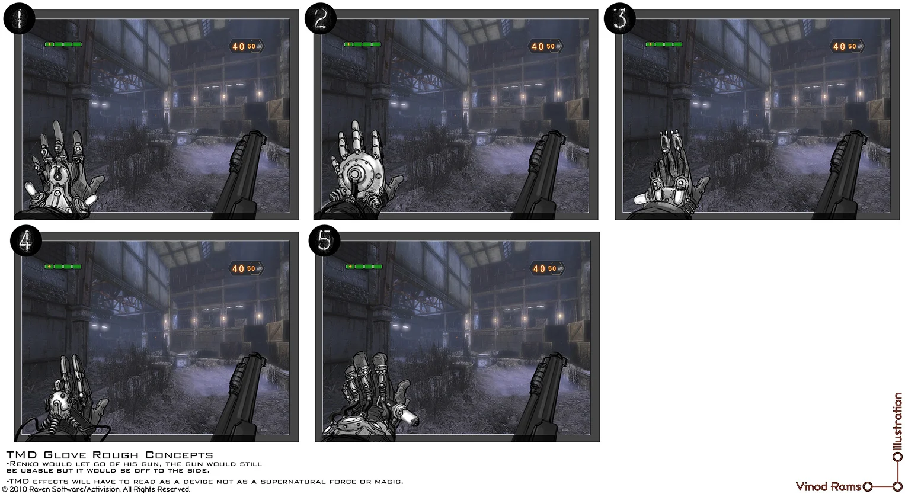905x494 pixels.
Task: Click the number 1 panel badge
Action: coord(19,19)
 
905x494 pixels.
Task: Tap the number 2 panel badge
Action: coord(320,19)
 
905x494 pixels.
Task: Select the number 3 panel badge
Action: coord(619,19)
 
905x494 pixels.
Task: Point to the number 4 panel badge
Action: coord(25,241)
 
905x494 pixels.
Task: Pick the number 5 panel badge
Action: coord(325,241)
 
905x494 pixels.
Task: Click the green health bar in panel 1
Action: coord(63,44)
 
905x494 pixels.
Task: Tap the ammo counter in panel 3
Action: coord(845,46)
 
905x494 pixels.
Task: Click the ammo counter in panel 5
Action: coord(544,268)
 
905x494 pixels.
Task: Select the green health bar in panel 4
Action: coord(63,267)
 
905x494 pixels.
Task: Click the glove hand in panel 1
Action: coord(59,172)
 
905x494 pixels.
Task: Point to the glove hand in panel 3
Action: coord(670,172)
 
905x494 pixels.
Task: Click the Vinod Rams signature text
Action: coord(828,487)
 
